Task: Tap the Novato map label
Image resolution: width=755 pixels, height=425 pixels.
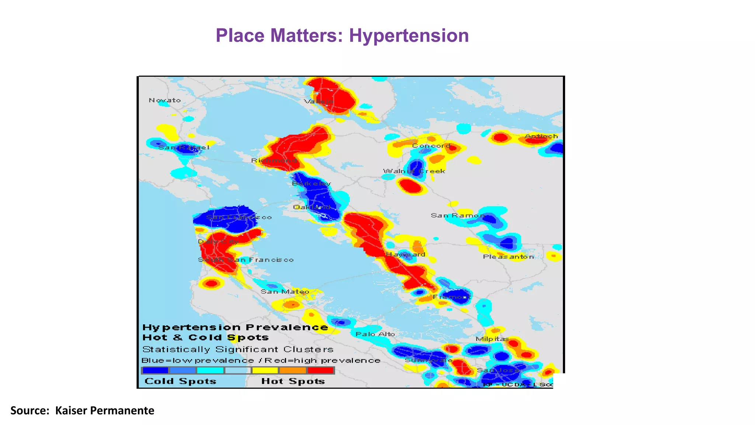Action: point(165,100)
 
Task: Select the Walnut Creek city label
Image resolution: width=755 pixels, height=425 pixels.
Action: point(414,171)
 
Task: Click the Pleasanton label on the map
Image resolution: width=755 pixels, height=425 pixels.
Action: point(508,257)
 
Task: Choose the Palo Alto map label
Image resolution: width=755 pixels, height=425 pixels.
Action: point(375,334)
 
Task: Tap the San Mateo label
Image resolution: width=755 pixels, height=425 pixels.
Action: point(285,292)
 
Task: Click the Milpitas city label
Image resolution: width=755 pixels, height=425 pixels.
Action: point(492,339)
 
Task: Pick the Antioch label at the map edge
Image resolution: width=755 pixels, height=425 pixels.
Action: point(541,136)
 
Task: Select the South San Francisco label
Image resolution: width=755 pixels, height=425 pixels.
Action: point(246,260)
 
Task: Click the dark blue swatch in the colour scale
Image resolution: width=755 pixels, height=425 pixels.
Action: point(155,370)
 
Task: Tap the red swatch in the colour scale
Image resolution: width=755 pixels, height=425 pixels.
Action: point(320,370)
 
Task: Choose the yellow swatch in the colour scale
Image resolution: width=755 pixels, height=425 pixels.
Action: point(265,370)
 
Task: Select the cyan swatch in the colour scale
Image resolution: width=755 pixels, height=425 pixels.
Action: point(210,370)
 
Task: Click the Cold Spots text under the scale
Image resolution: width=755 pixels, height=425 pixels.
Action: point(180,381)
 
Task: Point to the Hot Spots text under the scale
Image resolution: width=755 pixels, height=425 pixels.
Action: point(293,381)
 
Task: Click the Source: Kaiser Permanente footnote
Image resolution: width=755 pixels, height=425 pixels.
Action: point(82,411)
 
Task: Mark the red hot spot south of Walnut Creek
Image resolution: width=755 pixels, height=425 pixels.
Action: point(410,186)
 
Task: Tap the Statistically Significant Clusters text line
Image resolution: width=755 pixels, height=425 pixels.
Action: point(238,349)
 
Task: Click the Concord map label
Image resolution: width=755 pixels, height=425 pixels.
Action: point(431,146)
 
